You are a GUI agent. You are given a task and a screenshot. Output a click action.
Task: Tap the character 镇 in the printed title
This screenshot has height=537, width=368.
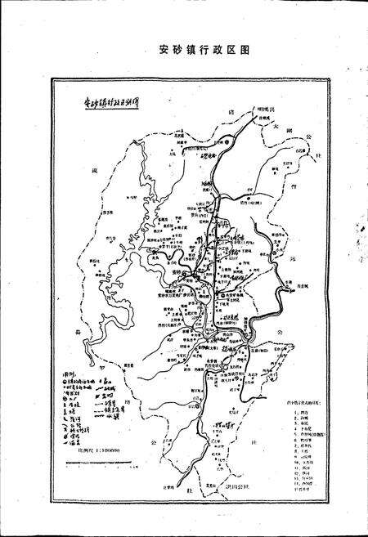point(182,49)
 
